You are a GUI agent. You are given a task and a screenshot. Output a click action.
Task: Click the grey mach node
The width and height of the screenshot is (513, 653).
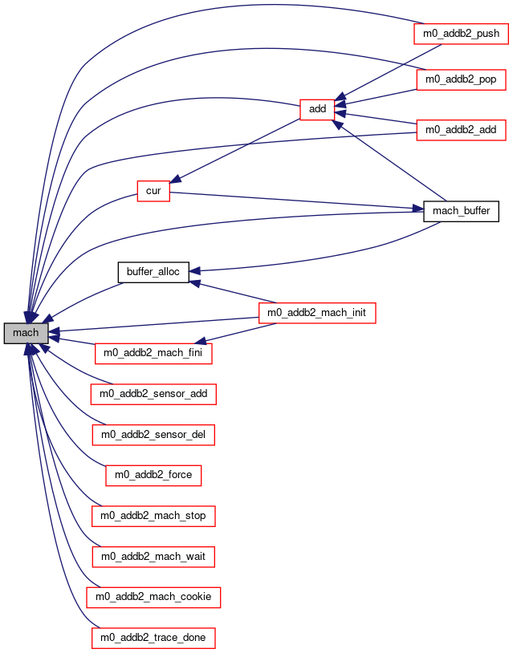[x=26, y=333]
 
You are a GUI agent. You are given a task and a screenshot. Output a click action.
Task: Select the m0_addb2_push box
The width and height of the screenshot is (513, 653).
[x=461, y=34]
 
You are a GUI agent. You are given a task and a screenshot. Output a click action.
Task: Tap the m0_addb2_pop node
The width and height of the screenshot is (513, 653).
[x=461, y=79]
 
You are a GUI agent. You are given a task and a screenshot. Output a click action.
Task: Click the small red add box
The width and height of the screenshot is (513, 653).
[x=317, y=110]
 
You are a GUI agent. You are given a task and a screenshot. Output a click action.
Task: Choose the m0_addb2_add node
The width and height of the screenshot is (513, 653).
[x=461, y=130]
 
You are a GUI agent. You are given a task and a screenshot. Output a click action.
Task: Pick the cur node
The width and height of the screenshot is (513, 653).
[x=153, y=191]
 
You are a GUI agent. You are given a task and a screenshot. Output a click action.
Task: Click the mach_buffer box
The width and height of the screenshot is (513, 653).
[x=461, y=211]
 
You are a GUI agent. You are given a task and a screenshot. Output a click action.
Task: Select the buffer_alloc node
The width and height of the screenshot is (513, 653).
[x=153, y=272]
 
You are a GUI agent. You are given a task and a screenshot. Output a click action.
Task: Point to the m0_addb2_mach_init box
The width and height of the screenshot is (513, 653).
[x=317, y=313]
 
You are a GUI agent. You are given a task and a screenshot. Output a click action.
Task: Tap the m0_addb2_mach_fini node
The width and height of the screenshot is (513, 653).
[x=153, y=353]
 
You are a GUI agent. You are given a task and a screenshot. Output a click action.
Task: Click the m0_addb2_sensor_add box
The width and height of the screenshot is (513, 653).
[x=153, y=394]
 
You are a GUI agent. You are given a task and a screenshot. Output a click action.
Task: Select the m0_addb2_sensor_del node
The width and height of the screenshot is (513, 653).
[x=153, y=435]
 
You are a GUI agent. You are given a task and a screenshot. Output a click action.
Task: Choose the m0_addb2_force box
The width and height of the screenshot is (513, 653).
[x=153, y=475]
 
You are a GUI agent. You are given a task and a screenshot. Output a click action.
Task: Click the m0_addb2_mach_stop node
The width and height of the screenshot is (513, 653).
[x=153, y=516]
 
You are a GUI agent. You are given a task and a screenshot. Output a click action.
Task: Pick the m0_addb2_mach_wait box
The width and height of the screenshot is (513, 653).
[x=153, y=557]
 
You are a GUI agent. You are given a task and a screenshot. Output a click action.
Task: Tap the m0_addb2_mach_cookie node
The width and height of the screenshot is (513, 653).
[x=153, y=597]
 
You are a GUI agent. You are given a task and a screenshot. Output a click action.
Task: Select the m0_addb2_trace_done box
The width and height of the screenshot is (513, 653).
[x=153, y=638]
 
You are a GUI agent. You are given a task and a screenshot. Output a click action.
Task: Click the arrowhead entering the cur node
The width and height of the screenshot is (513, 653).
[x=176, y=179]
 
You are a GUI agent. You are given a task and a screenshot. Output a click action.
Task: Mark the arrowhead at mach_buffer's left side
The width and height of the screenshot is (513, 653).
[x=418, y=209]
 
